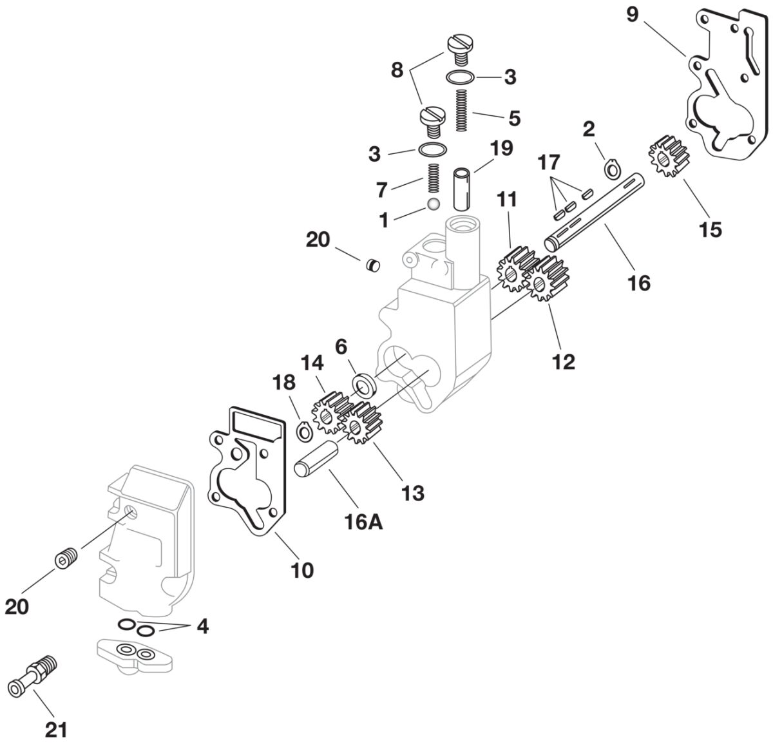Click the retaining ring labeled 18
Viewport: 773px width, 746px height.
(304, 430)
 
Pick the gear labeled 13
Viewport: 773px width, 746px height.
(361, 423)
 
